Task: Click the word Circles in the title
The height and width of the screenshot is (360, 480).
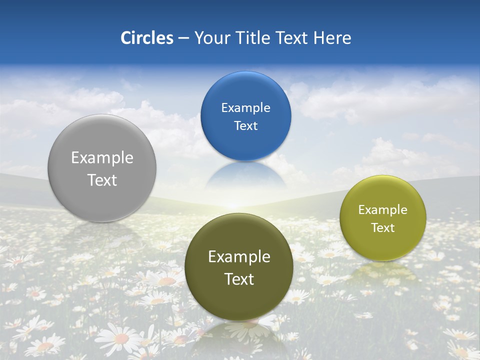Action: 147,38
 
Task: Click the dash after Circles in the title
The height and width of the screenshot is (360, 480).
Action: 183,38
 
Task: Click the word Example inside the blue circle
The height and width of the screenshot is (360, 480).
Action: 245,107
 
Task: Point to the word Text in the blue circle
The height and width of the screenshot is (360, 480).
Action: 245,125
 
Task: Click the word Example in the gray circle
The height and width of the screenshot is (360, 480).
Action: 102,157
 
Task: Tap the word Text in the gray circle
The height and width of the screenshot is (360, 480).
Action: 102,180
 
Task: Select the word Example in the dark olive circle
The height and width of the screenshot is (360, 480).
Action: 239,256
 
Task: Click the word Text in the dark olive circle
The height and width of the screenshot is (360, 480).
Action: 239,279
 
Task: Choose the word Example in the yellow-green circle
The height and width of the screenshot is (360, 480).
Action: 382,209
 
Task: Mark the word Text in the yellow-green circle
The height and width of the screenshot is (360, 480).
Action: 382,227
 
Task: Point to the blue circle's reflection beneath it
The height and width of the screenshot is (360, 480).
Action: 245,175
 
